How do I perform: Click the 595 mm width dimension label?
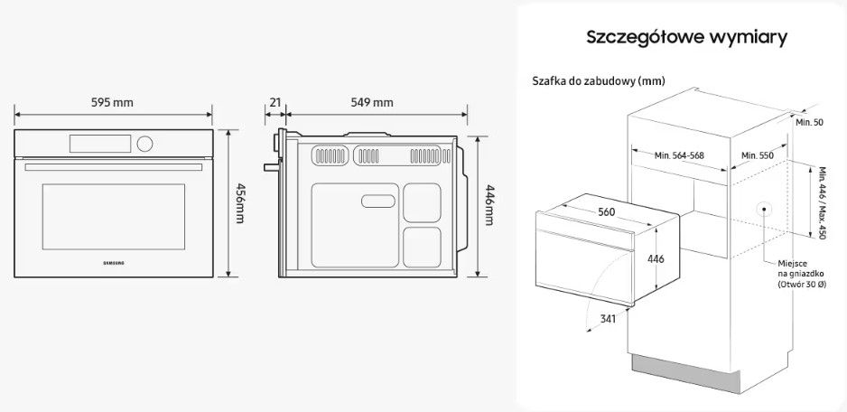click(x=112, y=102)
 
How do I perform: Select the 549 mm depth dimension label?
click(x=372, y=102)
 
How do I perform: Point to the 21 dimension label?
click(x=275, y=102)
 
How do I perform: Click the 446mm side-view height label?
click(x=489, y=204)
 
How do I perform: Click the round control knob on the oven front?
click(x=144, y=144)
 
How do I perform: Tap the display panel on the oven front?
click(x=100, y=144)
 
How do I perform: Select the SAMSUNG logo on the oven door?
click(x=114, y=263)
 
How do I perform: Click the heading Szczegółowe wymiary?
click(x=686, y=38)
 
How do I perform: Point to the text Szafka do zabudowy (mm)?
click(x=599, y=81)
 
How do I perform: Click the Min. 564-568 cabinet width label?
click(x=679, y=155)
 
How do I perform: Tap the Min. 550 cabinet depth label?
click(x=758, y=155)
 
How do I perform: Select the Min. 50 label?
click(x=809, y=122)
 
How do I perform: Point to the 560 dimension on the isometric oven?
click(x=606, y=212)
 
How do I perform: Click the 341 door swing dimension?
click(x=608, y=319)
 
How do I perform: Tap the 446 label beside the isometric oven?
click(x=656, y=259)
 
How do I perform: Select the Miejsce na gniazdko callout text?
click(x=802, y=274)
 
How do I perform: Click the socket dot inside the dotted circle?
click(x=764, y=209)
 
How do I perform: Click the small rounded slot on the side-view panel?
click(x=378, y=201)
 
